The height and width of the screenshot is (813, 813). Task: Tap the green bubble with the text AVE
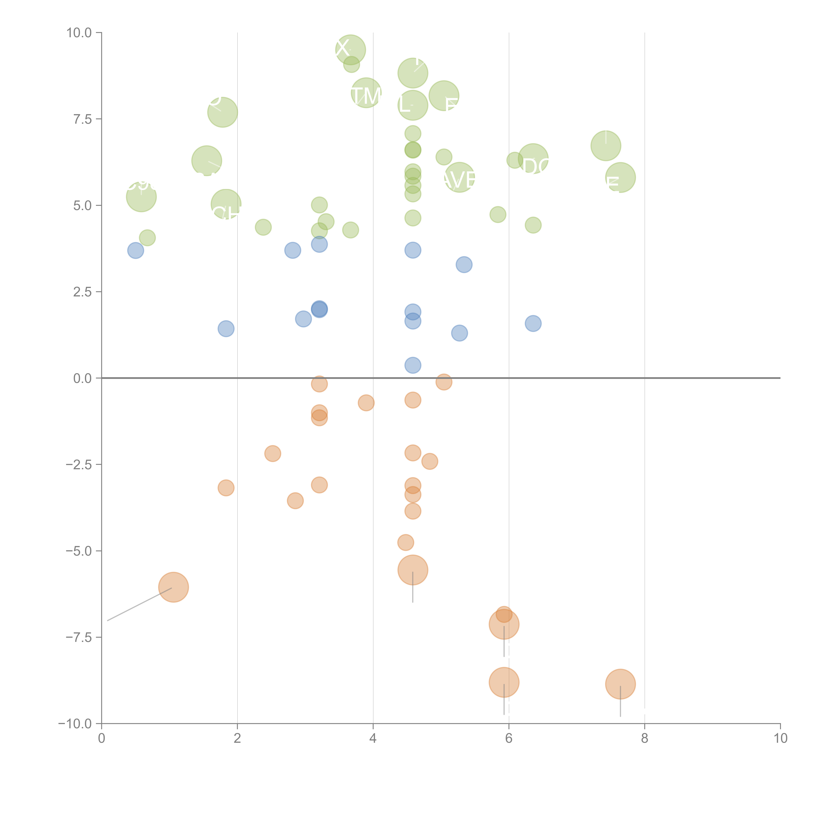[460, 177]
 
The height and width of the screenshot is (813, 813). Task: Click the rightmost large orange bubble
[620, 684]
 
